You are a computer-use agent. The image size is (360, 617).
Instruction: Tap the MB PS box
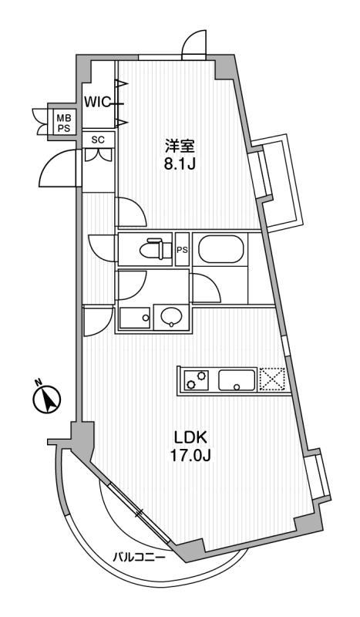tap(61, 123)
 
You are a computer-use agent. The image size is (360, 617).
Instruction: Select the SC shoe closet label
tap(98, 140)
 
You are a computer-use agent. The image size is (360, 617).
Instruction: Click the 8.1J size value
tap(180, 164)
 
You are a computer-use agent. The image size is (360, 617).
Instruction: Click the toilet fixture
tap(156, 248)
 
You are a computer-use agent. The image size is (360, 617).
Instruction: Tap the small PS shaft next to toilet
tap(182, 249)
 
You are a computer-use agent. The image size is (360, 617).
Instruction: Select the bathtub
tap(220, 249)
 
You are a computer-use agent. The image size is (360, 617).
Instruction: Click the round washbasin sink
tap(172, 317)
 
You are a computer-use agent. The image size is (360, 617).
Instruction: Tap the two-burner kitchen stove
tap(196, 380)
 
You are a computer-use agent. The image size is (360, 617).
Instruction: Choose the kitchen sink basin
tap(237, 380)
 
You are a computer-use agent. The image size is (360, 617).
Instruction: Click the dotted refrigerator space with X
tap(271, 379)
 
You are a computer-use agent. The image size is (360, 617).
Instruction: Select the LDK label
tap(191, 437)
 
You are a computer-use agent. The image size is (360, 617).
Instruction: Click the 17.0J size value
tap(191, 456)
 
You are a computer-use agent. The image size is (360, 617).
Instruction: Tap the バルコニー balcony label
tap(140, 558)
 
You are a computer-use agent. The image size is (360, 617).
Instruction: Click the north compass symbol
tap(46, 399)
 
